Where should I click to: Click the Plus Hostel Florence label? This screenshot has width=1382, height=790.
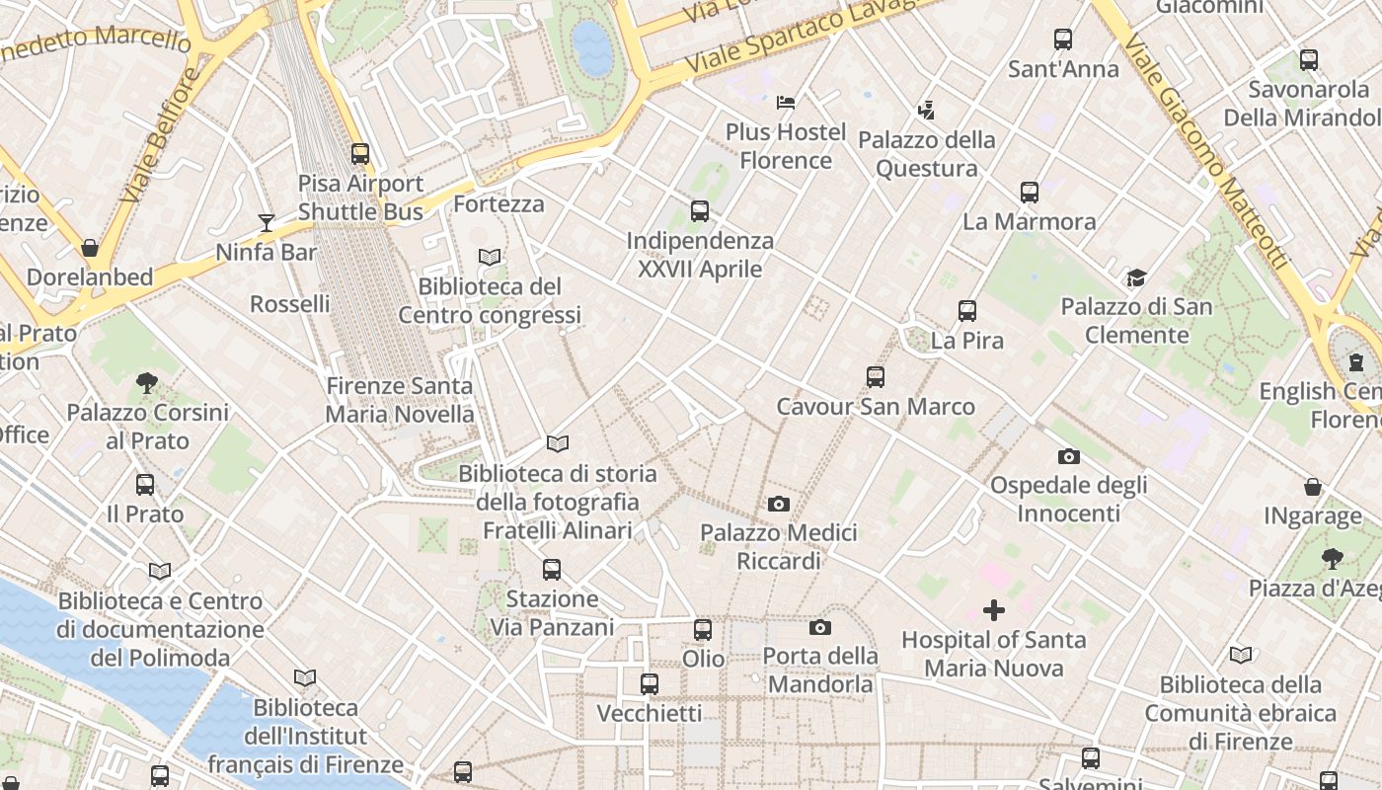click(x=786, y=146)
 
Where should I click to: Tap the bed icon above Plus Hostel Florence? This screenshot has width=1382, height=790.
click(x=786, y=102)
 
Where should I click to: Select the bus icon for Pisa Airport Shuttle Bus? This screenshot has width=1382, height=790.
click(x=360, y=154)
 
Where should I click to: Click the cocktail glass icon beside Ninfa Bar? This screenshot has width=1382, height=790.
click(x=266, y=222)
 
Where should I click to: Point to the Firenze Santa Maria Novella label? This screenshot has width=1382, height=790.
click(x=400, y=400)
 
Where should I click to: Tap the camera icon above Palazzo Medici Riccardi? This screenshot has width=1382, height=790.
click(x=778, y=505)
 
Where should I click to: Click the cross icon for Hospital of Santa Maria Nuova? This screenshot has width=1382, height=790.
click(x=994, y=610)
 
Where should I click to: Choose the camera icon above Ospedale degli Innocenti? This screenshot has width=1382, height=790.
click(x=1068, y=456)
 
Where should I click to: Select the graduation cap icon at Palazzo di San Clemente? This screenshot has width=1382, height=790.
click(x=1136, y=277)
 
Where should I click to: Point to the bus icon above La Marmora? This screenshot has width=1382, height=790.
click(x=1030, y=192)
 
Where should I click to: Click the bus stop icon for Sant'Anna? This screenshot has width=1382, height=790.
click(x=1063, y=39)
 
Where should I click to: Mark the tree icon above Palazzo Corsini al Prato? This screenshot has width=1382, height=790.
click(x=146, y=382)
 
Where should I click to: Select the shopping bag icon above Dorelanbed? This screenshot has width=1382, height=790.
click(x=90, y=248)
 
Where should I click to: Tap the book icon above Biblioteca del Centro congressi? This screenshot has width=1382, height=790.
click(x=490, y=257)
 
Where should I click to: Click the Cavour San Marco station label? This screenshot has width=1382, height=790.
click(x=876, y=407)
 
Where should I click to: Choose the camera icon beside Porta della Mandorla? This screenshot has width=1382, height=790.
click(x=819, y=628)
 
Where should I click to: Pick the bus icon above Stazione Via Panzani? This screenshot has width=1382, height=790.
click(x=552, y=569)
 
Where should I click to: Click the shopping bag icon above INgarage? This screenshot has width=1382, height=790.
click(x=1313, y=487)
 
